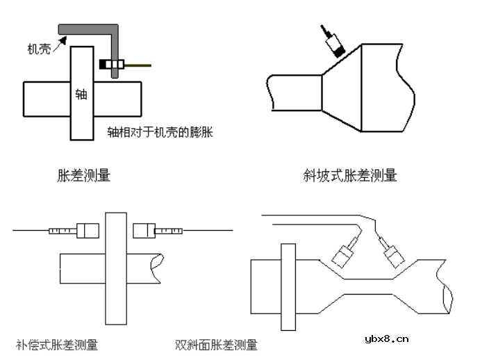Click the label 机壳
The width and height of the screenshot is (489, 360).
pyautogui.click(x=39, y=49)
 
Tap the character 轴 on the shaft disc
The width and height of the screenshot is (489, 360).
pyautogui.click(x=81, y=94)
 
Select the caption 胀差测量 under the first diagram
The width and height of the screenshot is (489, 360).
pyautogui.click(x=83, y=176)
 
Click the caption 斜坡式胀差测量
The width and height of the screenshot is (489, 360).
pyautogui.click(x=350, y=176)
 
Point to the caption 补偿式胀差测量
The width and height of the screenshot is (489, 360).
pyautogui.click(x=57, y=344)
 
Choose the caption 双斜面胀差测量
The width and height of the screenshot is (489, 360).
pyautogui.click(x=216, y=344)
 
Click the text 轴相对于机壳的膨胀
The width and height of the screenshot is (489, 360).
pyautogui.click(x=159, y=131)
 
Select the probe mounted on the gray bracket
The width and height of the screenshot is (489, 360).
pyautogui.click(x=112, y=65)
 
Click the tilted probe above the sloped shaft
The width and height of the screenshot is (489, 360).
pyautogui.click(x=334, y=43)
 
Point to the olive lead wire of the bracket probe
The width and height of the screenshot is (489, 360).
pyautogui.click(x=138, y=65)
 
